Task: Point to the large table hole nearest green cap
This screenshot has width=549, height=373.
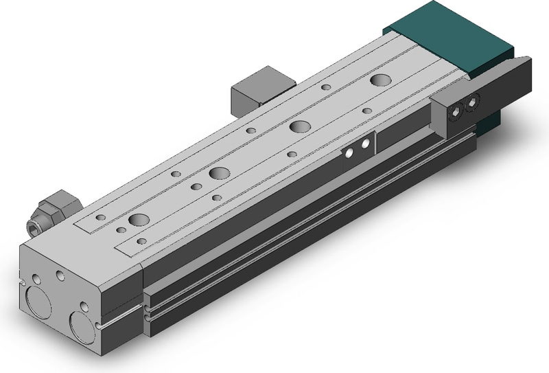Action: point(377,80)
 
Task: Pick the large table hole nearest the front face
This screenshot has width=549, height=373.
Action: point(139,221)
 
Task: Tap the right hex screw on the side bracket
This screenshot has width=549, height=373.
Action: point(471,103)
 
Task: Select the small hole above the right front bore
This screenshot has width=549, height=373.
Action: point(84,306)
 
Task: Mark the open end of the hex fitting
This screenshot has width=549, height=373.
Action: point(33,225)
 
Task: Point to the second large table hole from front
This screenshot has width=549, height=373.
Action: point(220,172)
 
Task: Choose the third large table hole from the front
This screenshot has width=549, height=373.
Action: point(299,126)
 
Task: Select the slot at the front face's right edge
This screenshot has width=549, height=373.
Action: point(102,323)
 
